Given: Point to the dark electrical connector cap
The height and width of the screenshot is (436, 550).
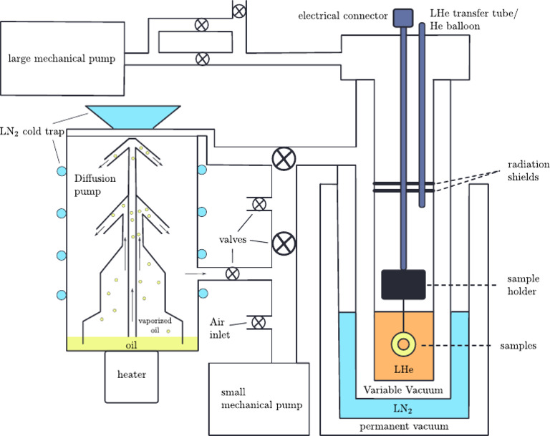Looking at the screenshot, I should tap(403, 15).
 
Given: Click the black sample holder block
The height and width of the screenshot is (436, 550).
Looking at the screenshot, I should tap(403, 284).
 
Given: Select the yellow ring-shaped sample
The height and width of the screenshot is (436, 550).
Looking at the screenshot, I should tap(403, 344).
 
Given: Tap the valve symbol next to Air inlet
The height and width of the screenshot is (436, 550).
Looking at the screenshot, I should tap(259, 323).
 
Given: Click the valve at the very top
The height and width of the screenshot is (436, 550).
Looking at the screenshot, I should tap(238, 10).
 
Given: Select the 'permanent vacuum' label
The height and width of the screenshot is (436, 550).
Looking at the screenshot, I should tap(403, 427).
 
